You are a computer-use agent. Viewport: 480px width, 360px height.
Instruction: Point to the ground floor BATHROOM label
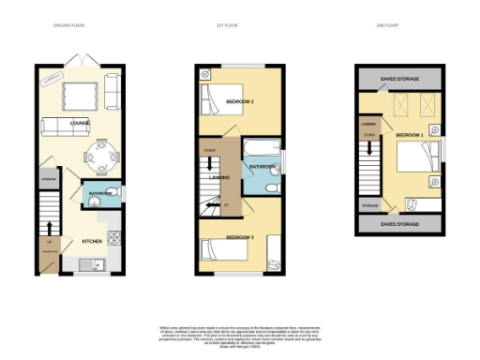tap(100, 194)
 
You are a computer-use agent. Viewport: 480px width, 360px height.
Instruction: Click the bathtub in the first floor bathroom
tap(257, 148)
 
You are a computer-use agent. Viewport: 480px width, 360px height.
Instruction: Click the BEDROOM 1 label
tap(410, 137)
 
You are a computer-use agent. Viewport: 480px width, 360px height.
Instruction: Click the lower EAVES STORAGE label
tap(397, 225)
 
